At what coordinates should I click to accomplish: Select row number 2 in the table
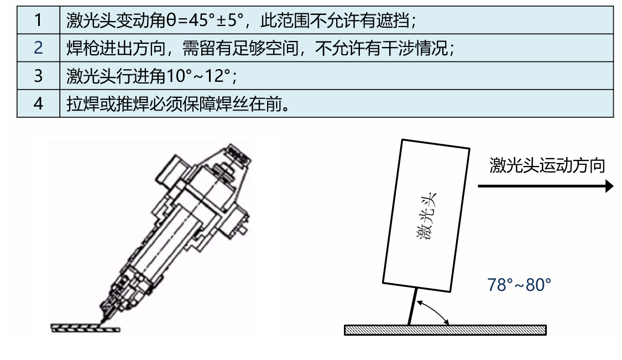tap(38, 48)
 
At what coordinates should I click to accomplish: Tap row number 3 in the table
tap(38, 76)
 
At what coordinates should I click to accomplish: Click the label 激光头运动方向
tap(547, 165)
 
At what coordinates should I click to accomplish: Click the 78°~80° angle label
tap(519, 285)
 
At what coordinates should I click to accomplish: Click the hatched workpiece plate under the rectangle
tap(445, 330)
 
